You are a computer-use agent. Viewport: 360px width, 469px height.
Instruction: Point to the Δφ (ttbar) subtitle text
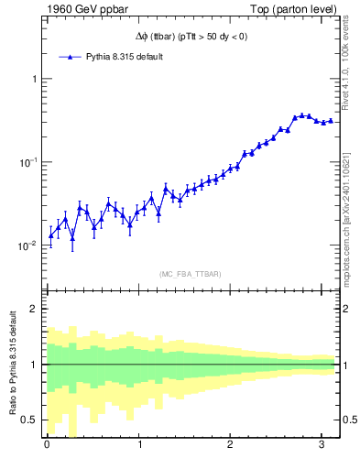click(190, 37)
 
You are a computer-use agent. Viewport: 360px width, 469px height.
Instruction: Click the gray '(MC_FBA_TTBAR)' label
click(190, 274)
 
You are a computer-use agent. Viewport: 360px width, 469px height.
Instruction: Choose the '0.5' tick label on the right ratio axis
click(349, 420)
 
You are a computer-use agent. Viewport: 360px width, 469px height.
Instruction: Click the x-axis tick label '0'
click(47, 446)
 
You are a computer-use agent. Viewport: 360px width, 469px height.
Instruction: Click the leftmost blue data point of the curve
click(50, 235)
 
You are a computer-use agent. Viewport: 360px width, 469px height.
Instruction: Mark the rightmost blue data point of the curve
click(331, 120)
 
